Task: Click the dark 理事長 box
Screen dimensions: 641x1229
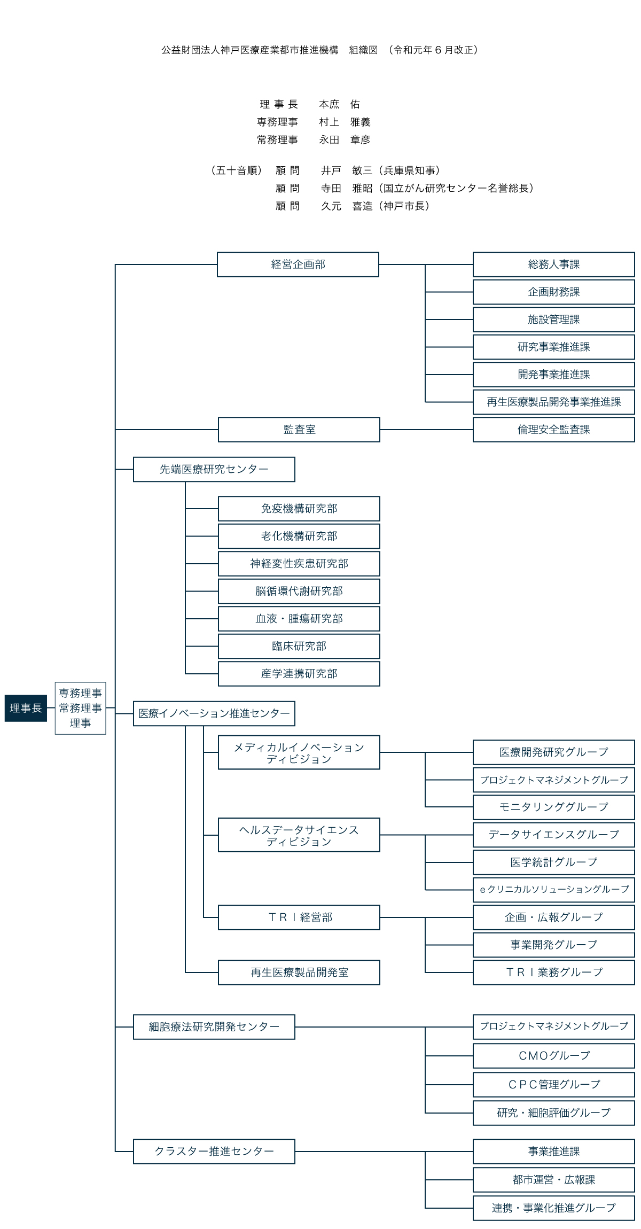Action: click(26, 708)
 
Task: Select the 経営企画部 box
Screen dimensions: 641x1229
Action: click(298, 265)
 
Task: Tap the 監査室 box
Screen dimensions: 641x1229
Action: click(299, 430)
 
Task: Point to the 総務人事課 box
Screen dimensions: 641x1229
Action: click(554, 265)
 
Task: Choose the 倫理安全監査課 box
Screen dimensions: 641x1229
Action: click(554, 430)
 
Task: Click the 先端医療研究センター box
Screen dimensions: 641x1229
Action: click(214, 469)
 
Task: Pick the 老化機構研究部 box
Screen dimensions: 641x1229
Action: click(299, 536)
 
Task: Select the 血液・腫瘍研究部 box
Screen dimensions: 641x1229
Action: click(299, 619)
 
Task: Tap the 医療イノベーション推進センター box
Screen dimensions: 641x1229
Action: click(214, 713)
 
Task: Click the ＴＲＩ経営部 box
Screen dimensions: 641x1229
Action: click(299, 917)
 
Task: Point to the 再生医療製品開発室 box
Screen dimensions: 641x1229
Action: click(299, 973)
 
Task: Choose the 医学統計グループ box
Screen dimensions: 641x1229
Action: click(554, 862)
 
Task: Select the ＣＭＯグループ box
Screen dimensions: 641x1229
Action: click(554, 1056)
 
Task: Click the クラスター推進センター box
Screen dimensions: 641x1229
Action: click(214, 1151)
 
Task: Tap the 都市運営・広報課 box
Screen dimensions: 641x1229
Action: click(554, 1180)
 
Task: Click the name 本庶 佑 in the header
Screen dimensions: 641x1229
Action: click(340, 104)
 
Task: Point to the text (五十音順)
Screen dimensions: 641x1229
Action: click(236, 170)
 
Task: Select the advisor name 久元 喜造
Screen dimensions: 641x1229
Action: click(347, 206)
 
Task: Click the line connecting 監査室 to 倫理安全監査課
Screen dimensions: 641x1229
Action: click(426, 430)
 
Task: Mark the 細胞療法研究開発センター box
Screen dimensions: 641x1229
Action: click(214, 1027)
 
